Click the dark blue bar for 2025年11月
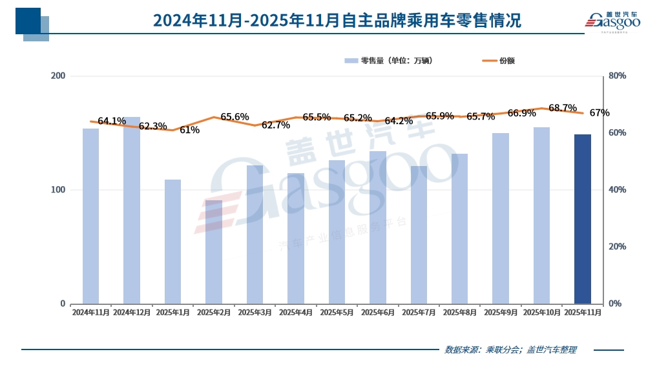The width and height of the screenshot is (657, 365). pos(583,219)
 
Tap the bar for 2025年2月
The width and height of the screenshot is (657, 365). pos(214,252)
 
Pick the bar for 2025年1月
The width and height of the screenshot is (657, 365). pos(172,242)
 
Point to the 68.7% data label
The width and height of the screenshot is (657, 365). pos(562,107)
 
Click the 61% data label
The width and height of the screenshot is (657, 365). pos(189,130)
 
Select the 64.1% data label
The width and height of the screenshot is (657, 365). pos(112,121)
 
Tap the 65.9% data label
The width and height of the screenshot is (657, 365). pos(439,116)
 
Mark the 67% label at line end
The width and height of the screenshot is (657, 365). pos(600,113)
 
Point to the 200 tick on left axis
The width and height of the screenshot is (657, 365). pos(58,76)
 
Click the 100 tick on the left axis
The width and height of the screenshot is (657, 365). pos(58,190)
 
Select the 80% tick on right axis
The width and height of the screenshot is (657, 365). pos(618,76)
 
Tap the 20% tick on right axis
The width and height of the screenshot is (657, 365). pos(618,247)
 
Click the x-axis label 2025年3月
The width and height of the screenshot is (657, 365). pos(255,312)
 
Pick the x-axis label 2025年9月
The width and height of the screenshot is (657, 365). pos(501,312)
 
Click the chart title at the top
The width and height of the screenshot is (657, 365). pos(337,21)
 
